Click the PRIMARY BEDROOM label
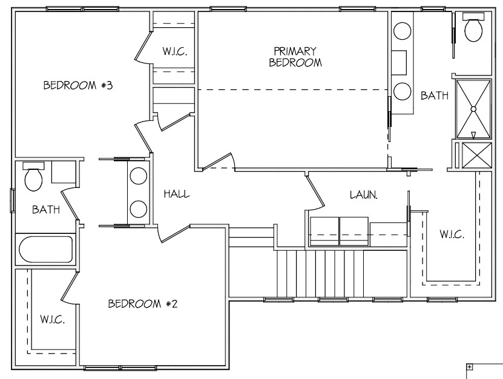[295, 57]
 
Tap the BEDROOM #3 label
[78, 85]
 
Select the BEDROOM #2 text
[142, 303]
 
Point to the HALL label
[176, 194]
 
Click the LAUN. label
[363, 195]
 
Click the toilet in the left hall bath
[34, 177]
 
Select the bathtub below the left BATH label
[46, 250]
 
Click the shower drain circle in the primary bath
[473, 109]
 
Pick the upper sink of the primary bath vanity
[403, 31]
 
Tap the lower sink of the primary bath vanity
[403, 92]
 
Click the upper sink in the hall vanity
[139, 175]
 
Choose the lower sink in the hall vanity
[139, 209]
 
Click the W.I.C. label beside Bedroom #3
[175, 51]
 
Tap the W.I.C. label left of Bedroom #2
[53, 319]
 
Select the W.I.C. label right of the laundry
[452, 234]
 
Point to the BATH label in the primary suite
[435, 95]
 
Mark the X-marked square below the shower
[477, 155]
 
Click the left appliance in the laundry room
[324, 232]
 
